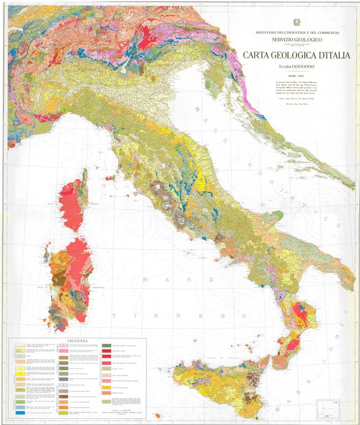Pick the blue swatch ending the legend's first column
click(x=19, y=413)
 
